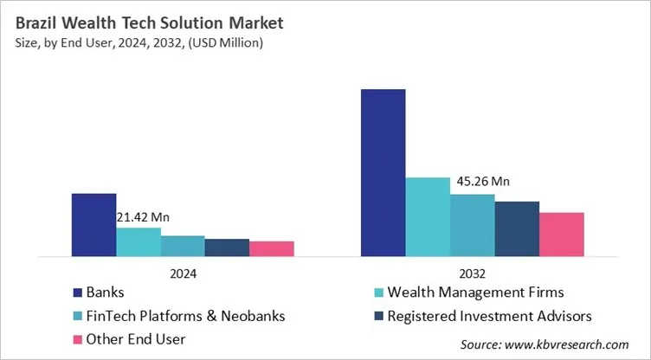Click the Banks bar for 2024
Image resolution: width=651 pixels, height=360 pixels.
point(93,225)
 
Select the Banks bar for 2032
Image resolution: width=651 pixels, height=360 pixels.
point(384,173)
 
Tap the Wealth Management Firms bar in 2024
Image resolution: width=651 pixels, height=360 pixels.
point(139,242)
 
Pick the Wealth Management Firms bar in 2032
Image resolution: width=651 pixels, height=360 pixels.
point(428,217)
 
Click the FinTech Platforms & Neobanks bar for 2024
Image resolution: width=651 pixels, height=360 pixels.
point(183,247)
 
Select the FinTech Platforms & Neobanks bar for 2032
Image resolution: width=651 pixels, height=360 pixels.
point(473,226)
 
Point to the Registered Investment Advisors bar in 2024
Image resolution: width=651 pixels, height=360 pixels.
point(227,248)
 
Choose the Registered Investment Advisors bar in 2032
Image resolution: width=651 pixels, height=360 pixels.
point(517,229)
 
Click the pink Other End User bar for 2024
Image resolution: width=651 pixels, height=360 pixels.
point(272,249)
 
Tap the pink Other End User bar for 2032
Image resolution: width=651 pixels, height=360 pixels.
point(562,235)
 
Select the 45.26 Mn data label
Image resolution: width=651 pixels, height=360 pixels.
point(480,182)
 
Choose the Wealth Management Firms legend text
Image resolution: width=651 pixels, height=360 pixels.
point(477,292)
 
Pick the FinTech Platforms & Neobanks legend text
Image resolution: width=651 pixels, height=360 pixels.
point(187,315)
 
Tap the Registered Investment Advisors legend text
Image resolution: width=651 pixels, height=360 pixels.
point(490,315)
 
